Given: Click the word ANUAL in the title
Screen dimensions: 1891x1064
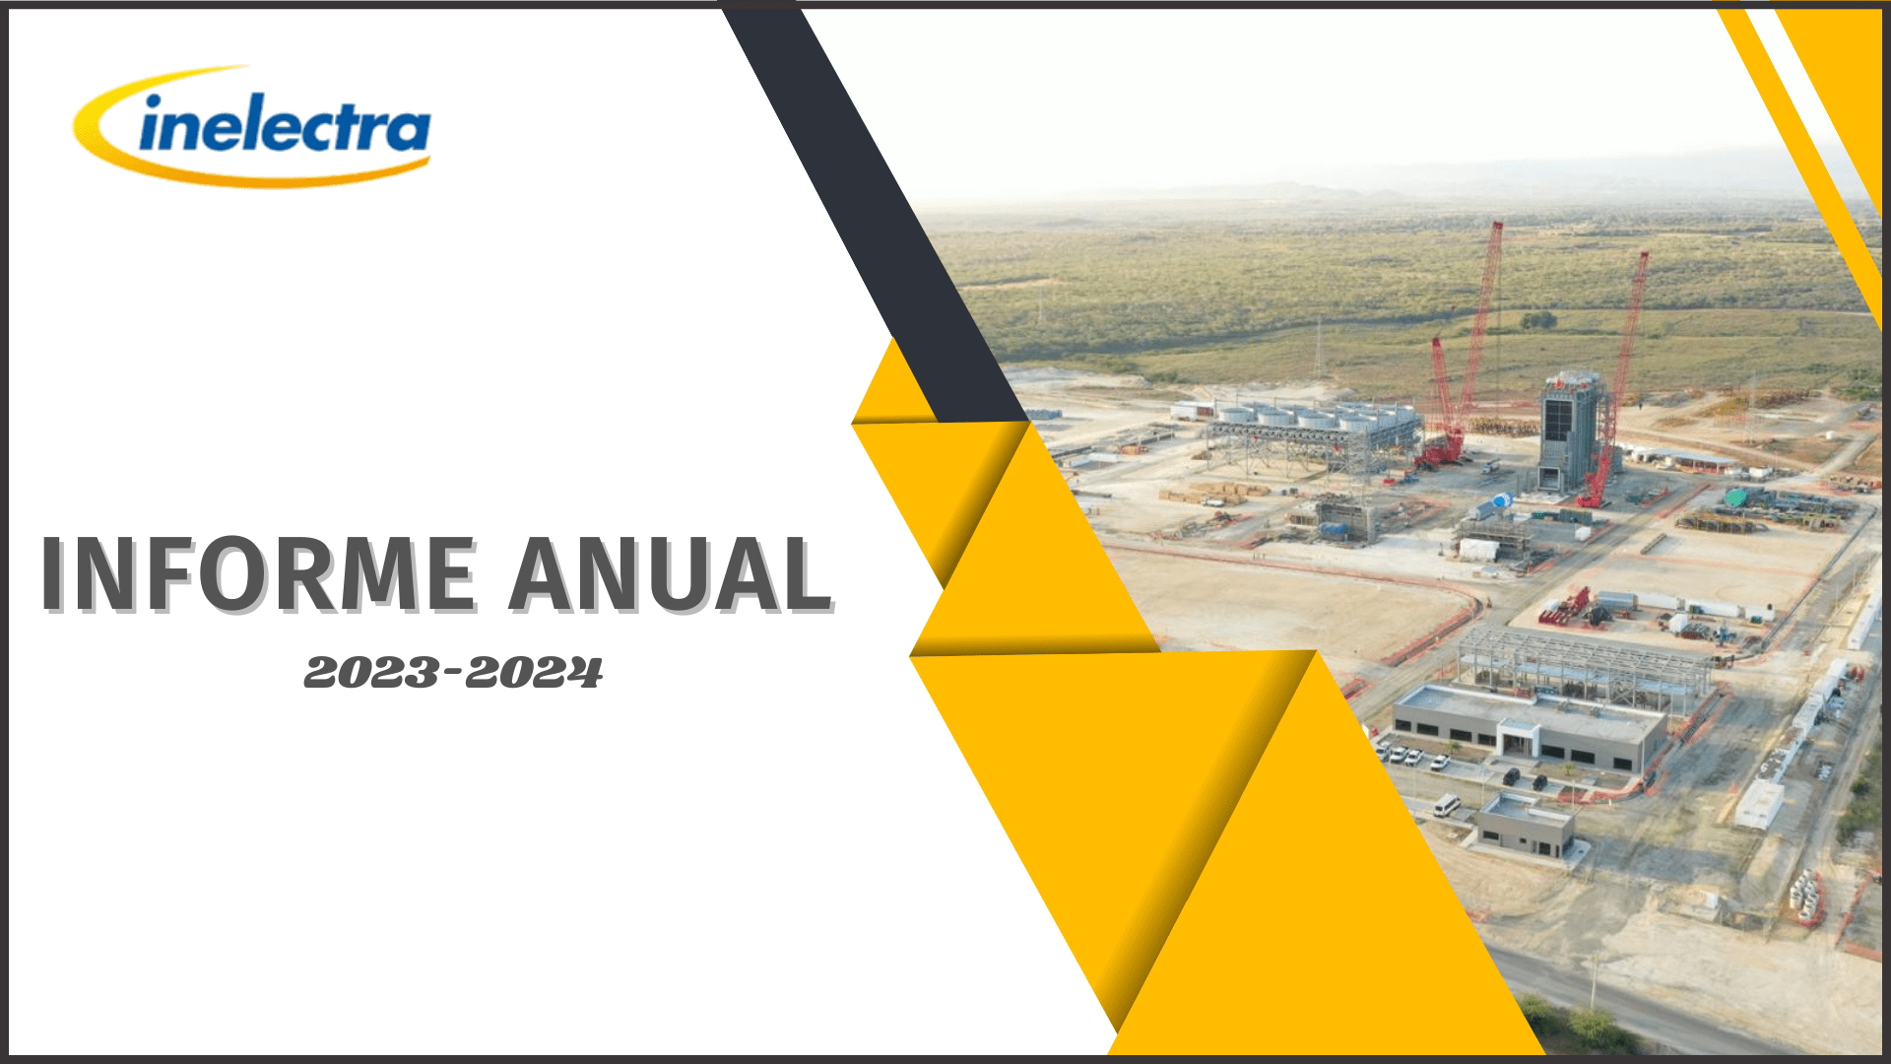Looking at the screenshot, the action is pos(672,575).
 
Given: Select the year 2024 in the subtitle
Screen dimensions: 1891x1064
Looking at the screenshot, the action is pos(534,674).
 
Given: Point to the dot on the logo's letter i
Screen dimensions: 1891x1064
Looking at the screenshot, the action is pos(154,101).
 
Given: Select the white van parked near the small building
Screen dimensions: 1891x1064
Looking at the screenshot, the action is pos(1447,805).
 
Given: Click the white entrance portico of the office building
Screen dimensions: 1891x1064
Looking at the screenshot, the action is pos(1519,736).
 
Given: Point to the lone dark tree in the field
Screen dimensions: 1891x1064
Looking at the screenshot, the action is pos(1537,319).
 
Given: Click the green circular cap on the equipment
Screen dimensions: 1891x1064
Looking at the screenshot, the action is pos(1735,498).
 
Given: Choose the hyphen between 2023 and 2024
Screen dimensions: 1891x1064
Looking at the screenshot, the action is pos(453,674).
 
